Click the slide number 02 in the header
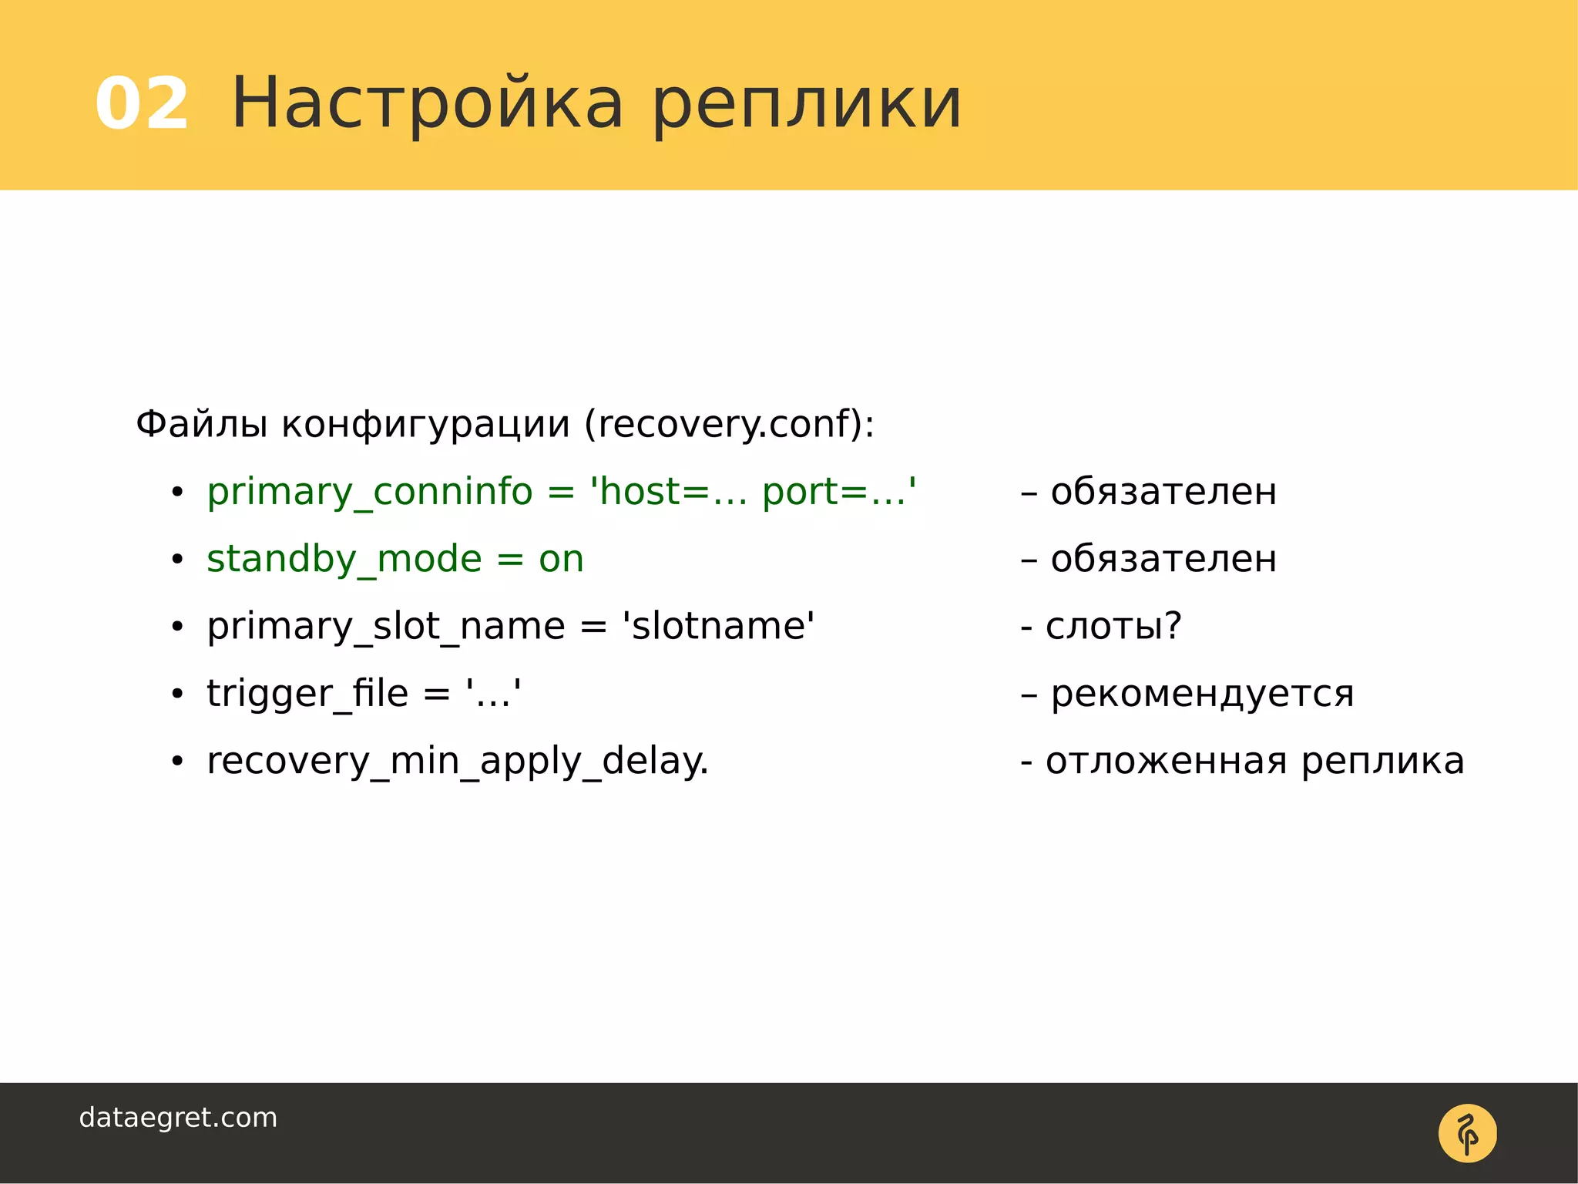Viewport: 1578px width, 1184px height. click(x=142, y=104)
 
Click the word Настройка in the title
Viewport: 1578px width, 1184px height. click(x=428, y=104)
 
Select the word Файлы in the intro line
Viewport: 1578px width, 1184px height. click(x=202, y=425)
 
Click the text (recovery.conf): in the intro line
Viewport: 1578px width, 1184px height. click(x=729, y=425)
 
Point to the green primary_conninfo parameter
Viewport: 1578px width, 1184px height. click(x=370, y=493)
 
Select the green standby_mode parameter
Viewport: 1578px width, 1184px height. click(x=344, y=560)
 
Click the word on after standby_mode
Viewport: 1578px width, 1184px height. click(x=561, y=560)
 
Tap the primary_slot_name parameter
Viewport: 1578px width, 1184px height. click(x=386, y=627)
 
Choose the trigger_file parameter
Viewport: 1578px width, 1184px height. click(x=307, y=694)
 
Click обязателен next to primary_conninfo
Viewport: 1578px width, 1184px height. click(x=1163, y=492)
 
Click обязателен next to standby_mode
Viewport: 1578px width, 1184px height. click(x=1163, y=559)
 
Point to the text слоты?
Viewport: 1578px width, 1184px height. click(x=1113, y=626)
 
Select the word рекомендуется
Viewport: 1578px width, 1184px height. click(x=1202, y=694)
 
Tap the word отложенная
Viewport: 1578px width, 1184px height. click(x=1166, y=762)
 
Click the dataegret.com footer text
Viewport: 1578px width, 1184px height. click(x=178, y=1118)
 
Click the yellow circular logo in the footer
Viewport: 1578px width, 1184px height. click(x=1467, y=1133)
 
